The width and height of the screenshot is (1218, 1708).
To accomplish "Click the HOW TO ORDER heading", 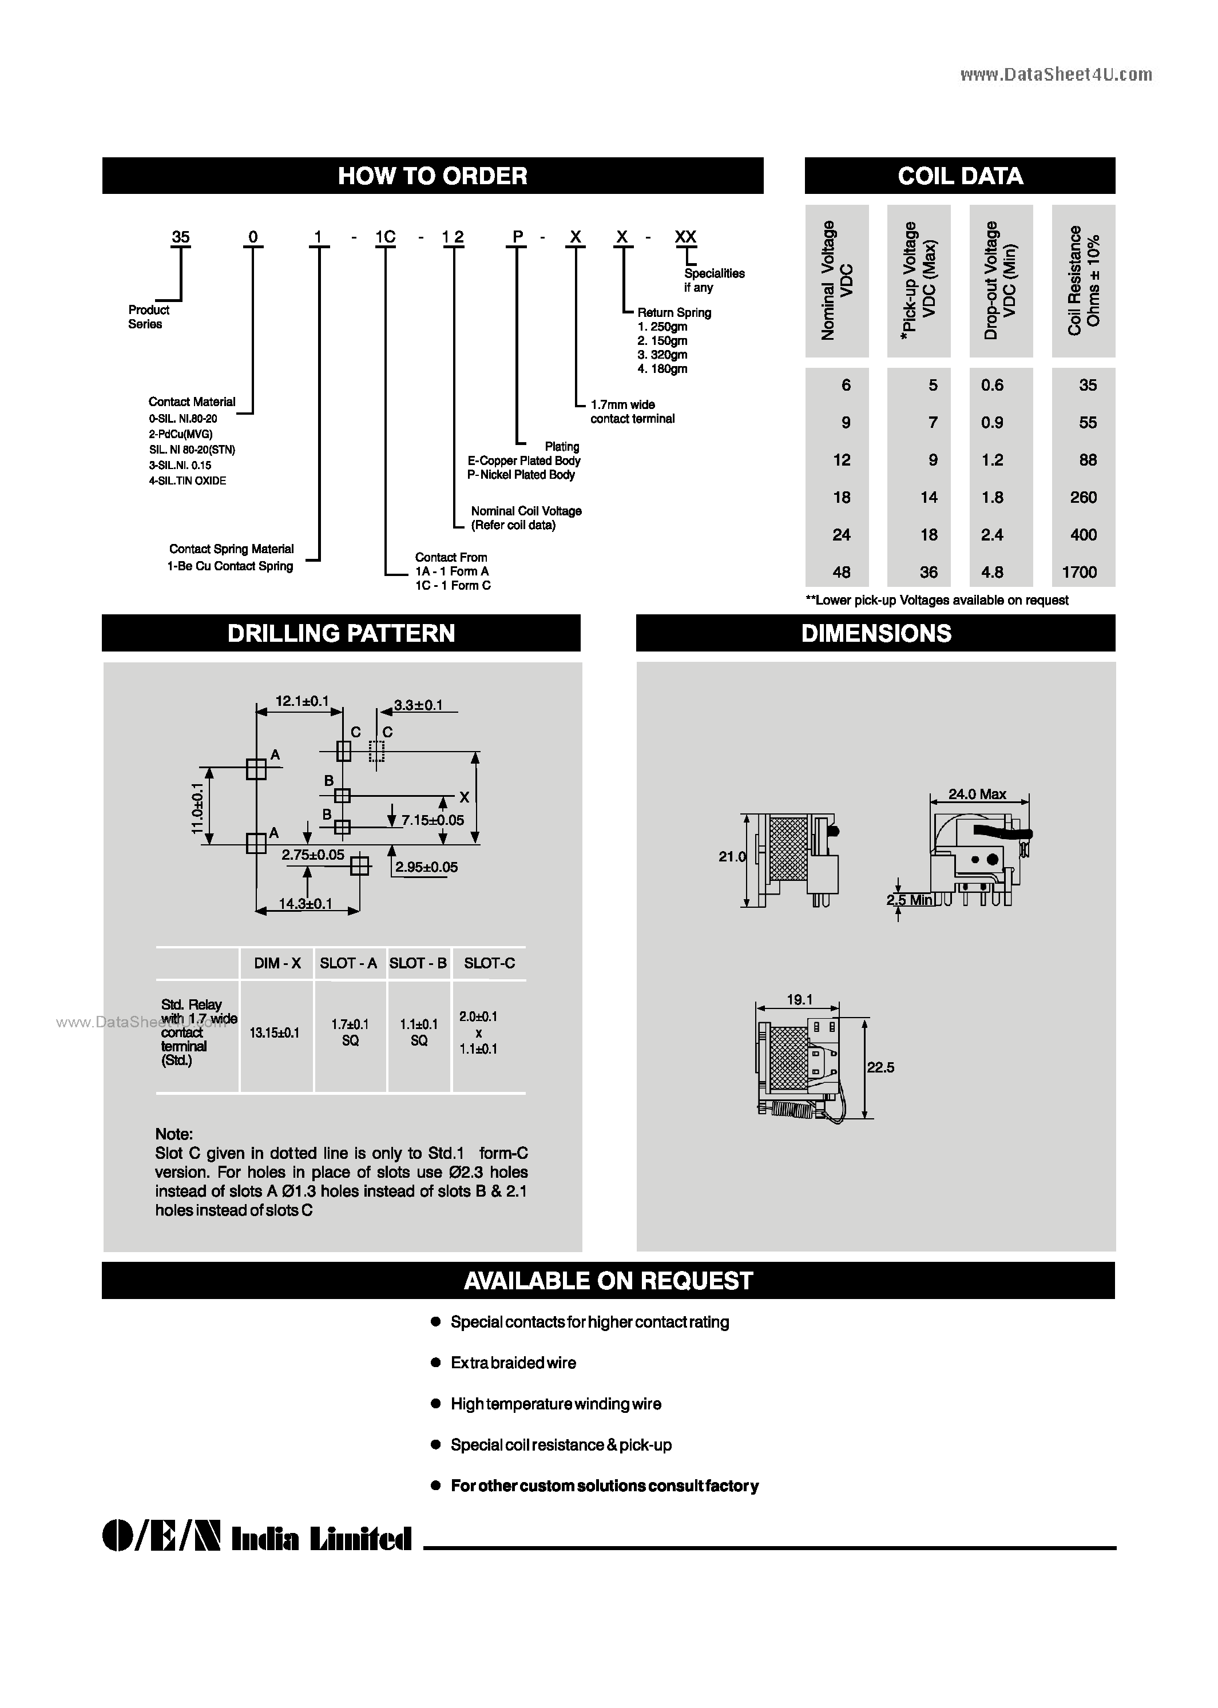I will coord(433,176).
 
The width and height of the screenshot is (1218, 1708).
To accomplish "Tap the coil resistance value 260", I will coord(1083,498).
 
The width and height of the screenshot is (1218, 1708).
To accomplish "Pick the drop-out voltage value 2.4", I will coord(991,535).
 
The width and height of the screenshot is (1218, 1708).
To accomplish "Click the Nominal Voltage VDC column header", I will coord(837,280).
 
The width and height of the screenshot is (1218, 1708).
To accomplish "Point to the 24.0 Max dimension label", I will coord(977,794).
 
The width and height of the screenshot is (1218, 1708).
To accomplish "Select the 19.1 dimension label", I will coord(799,999).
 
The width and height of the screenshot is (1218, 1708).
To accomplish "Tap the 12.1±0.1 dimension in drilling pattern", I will coord(301,701).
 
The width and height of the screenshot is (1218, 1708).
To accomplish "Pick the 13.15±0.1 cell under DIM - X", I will coord(275,1033).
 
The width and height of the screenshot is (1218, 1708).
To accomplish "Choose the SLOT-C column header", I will coord(489,963).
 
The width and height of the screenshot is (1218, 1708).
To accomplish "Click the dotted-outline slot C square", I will coord(376,751).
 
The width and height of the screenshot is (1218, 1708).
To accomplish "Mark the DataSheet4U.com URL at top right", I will coord(1056,74).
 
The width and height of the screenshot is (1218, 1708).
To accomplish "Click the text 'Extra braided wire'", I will coord(513,1363).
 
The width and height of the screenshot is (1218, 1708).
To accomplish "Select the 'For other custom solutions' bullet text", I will coord(605,1486).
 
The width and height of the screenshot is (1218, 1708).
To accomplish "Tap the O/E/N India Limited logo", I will coord(256,1539).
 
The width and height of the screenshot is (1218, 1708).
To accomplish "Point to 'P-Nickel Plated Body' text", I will coord(521,475).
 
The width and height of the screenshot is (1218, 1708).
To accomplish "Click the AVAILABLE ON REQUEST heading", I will coord(608,1281).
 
